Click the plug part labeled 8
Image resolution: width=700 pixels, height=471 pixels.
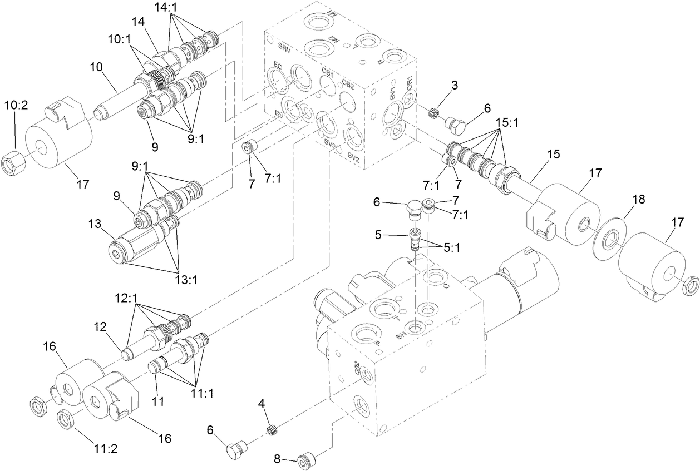click(x=305, y=460)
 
